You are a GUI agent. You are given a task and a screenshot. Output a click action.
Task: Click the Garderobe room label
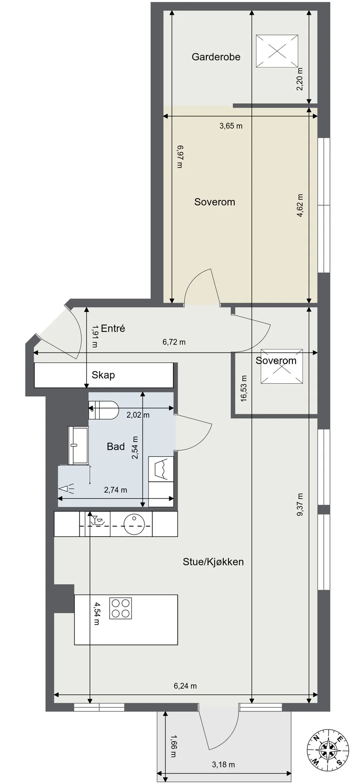click(x=216, y=57)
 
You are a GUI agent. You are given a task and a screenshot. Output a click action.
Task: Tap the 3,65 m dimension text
click(x=231, y=126)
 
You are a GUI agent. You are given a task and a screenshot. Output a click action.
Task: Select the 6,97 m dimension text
click(x=180, y=156)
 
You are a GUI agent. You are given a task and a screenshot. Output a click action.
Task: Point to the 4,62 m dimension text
click(x=300, y=206)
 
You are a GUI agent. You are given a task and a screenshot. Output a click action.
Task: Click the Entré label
click(x=113, y=328)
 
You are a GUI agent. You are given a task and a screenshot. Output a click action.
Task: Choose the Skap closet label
click(x=103, y=375)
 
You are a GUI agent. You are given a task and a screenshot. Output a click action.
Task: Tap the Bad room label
click(x=116, y=446)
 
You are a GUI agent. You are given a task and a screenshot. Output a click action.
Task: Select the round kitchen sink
click(x=134, y=524)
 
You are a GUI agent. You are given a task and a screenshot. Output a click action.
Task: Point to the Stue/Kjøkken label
click(x=213, y=562)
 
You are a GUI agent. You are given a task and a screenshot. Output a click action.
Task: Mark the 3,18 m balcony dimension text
click(x=223, y=764)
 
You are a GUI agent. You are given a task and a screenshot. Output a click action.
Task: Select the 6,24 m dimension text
click(x=185, y=686)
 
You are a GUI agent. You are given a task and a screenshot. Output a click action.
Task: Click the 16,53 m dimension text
click(x=244, y=389)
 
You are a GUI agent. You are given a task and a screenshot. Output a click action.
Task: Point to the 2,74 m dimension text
click(x=116, y=490)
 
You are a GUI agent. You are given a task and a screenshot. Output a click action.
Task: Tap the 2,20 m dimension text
click(x=300, y=79)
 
